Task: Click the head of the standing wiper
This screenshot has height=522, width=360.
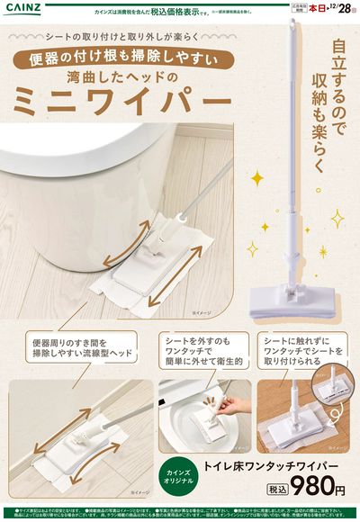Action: (289, 297)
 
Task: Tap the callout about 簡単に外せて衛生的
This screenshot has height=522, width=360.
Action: (202, 349)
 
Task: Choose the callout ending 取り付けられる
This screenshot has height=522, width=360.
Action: (303, 349)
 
